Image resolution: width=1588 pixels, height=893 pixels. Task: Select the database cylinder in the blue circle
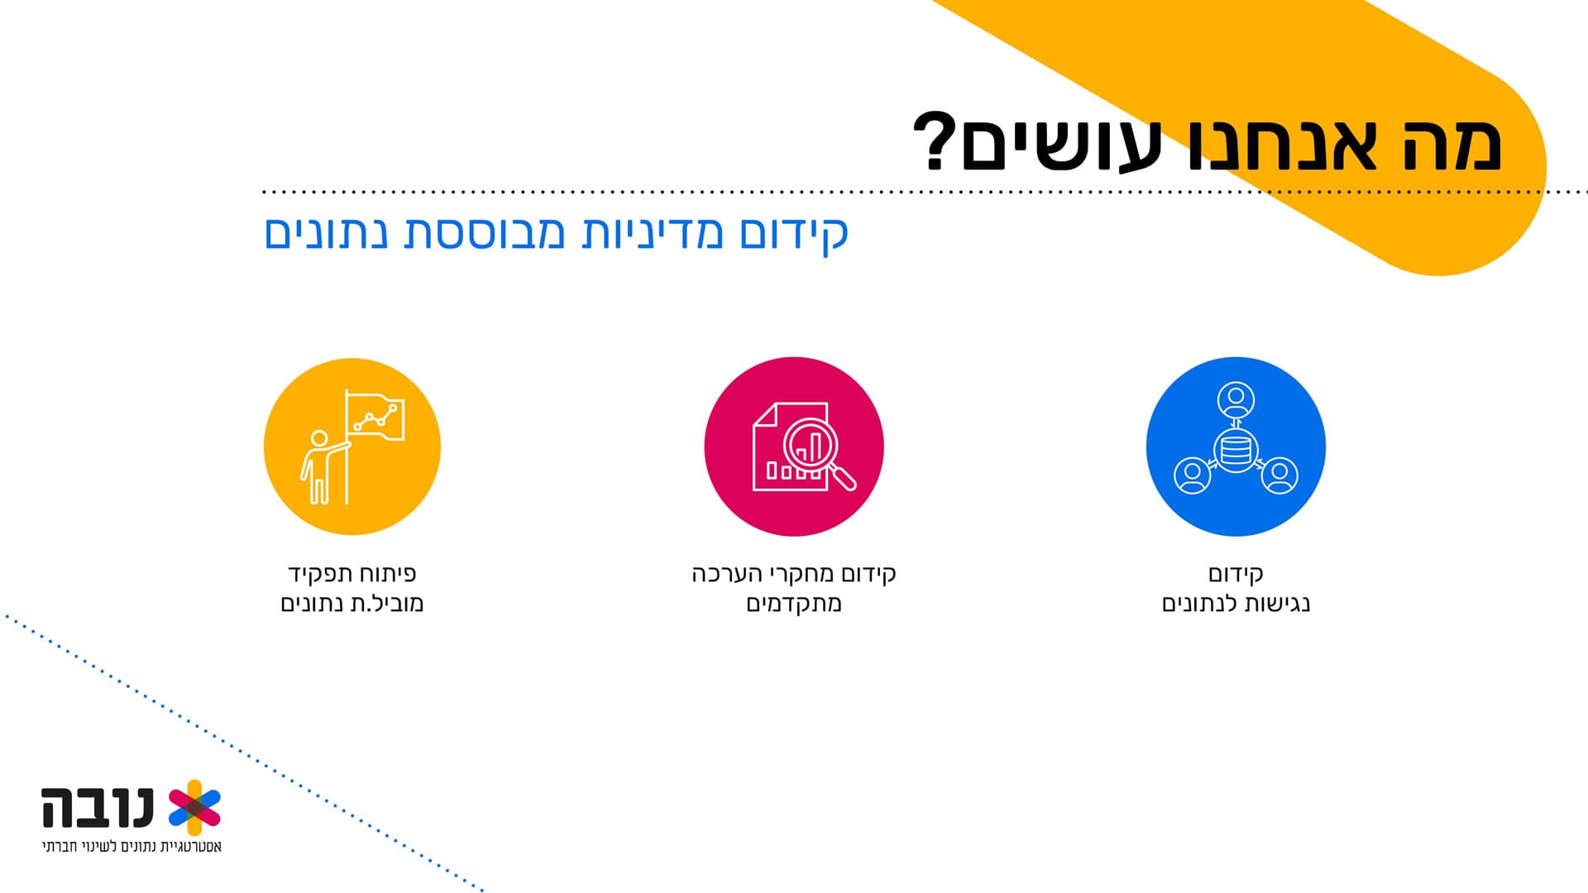click(x=1236, y=451)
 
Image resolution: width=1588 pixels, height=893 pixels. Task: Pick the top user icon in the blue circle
click(x=1236, y=402)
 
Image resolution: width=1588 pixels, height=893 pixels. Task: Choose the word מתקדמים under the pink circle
click(x=794, y=604)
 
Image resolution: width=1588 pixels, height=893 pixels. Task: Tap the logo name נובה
click(x=98, y=808)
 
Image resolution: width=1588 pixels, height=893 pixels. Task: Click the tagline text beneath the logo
click(x=132, y=848)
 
